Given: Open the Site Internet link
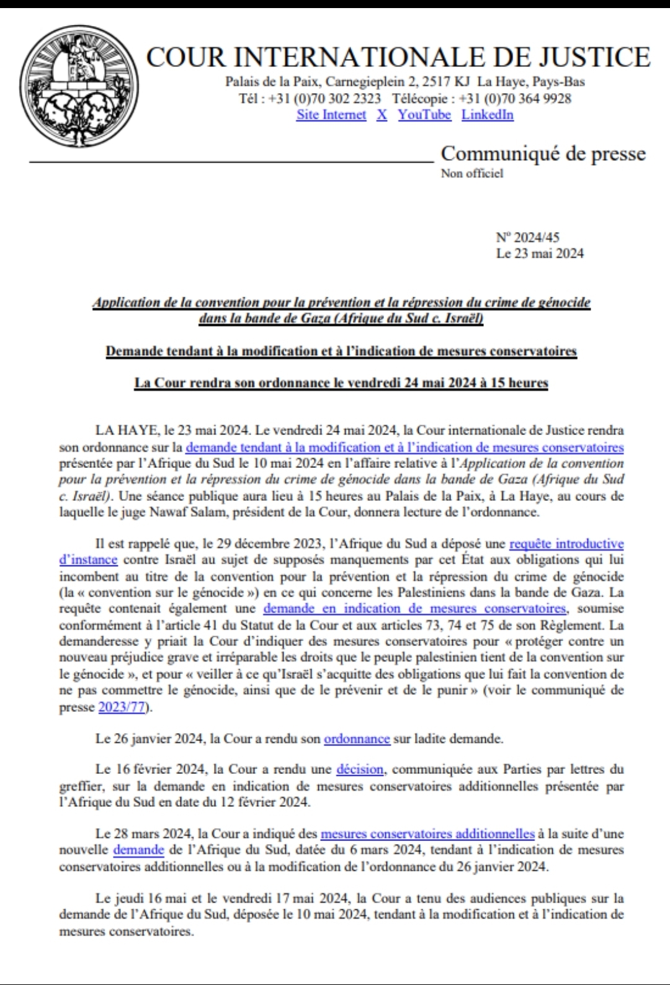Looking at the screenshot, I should click(331, 115).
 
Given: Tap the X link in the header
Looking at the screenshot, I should click(382, 115).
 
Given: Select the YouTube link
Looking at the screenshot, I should click(424, 115).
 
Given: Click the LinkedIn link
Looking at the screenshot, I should click(488, 115).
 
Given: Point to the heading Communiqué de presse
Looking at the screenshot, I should click(543, 153).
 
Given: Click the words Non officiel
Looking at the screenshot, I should click(472, 174).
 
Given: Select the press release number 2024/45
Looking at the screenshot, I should click(528, 237).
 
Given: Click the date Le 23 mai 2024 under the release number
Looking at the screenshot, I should click(540, 253).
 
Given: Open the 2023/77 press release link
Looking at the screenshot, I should click(122, 707).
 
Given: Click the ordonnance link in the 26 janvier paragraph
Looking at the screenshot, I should click(357, 739).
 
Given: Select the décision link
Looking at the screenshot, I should click(360, 770).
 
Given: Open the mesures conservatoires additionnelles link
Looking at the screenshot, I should click(427, 834).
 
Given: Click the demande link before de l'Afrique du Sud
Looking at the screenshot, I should click(138, 850).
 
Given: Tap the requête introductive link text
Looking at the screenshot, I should click(566, 544).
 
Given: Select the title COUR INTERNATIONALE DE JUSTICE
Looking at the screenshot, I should click(398, 57).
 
